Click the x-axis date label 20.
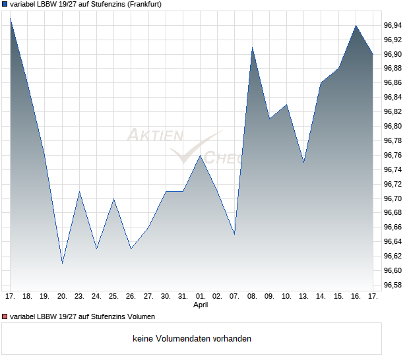click(62, 297)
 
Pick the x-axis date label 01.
click(201, 297)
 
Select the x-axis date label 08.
click(252, 297)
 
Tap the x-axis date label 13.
click(303, 297)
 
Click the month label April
click(201, 305)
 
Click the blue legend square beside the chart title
click(5, 4)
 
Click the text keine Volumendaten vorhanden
click(192, 339)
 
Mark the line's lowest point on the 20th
click(62, 263)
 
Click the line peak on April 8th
click(252, 47)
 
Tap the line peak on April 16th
click(356, 26)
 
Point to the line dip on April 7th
click(235, 234)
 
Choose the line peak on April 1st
click(201, 155)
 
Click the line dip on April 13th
click(303, 162)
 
